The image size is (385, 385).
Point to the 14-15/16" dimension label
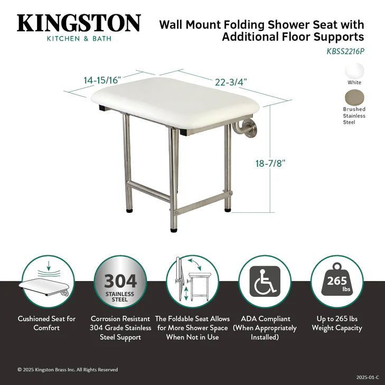tap(102, 80)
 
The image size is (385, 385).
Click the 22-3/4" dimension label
tap(231, 82)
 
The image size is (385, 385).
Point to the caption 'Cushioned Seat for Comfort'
tap(46, 323)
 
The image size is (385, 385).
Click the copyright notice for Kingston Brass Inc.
tap(68, 370)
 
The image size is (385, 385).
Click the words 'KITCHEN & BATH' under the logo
tap(79, 39)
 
